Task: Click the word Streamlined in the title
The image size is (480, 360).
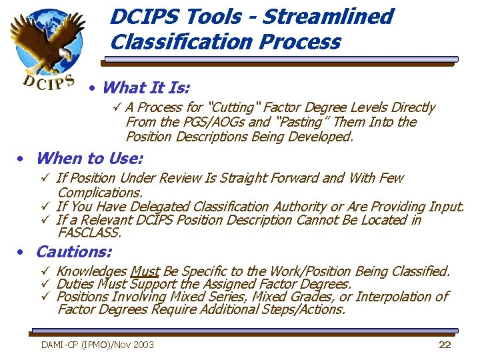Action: coord(327,16)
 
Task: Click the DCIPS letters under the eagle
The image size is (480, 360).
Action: coord(48,80)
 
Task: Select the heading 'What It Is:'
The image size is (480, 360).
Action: coord(147,87)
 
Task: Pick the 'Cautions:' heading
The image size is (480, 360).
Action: coord(73,252)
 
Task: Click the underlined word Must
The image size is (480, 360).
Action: coord(145,271)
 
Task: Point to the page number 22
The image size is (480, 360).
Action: coord(445,345)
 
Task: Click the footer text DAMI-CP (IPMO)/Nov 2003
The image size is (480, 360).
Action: coord(97,345)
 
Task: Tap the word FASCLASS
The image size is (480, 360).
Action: coord(90,233)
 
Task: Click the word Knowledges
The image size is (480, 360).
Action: coord(92,271)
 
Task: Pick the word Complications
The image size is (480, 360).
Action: coord(100,192)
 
